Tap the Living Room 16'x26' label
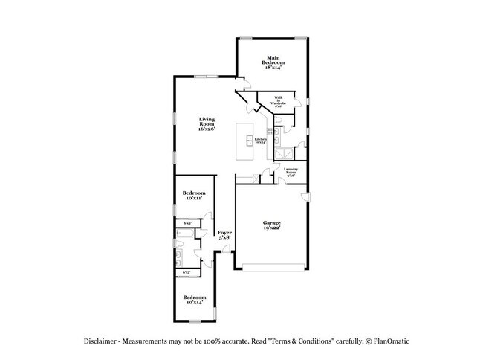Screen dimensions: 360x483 [x=207, y=124]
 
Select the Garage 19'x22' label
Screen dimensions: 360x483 [x=270, y=225]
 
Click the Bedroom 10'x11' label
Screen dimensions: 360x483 [x=194, y=196]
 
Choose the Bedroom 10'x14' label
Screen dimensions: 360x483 [x=194, y=299]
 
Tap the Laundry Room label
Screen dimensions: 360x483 [x=291, y=173]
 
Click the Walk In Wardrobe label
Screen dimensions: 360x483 [x=278, y=102]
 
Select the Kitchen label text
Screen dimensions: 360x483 [x=260, y=140]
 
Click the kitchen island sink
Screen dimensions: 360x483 [x=249, y=139]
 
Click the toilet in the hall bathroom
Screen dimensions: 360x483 [x=181, y=233]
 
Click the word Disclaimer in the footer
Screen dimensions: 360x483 [x=100, y=341]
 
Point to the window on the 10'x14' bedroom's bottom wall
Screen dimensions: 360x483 [x=194, y=321]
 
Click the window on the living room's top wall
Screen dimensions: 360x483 [x=206, y=76]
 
